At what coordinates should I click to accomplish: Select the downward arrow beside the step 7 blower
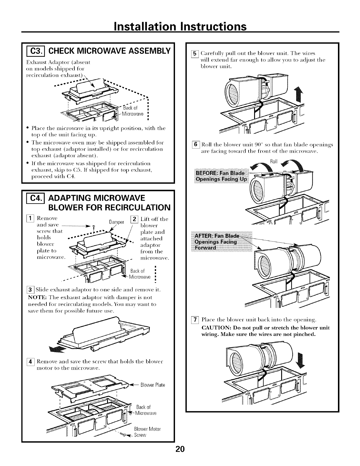(300, 361)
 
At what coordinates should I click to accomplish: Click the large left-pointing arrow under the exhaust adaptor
(58, 348)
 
